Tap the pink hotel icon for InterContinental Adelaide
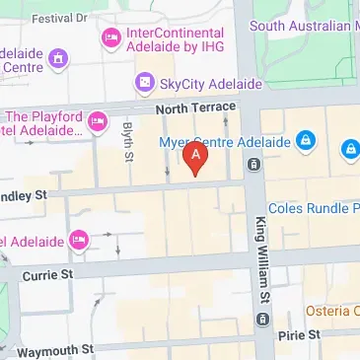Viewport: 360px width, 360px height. (x=111, y=38)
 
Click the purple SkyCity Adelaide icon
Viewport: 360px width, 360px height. (x=145, y=82)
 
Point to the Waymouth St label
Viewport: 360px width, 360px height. (x=53, y=350)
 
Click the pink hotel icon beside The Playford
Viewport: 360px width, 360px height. (x=97, y=122)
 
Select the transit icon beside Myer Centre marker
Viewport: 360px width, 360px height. (x=254, y=163)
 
